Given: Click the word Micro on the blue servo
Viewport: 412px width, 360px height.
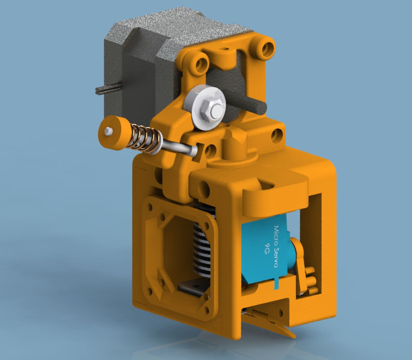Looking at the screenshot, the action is pos(276,232).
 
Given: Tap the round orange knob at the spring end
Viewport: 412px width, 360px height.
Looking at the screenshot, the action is pos(114,133).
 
